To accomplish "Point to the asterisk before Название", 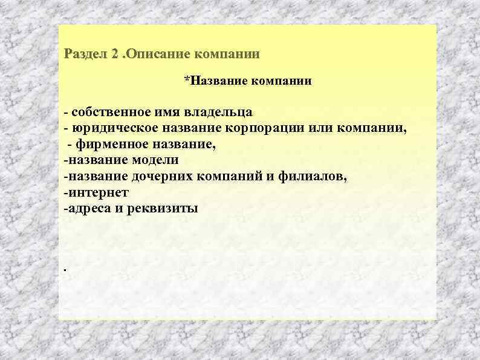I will point(186,80).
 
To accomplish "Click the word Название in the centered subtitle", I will point(215,81).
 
